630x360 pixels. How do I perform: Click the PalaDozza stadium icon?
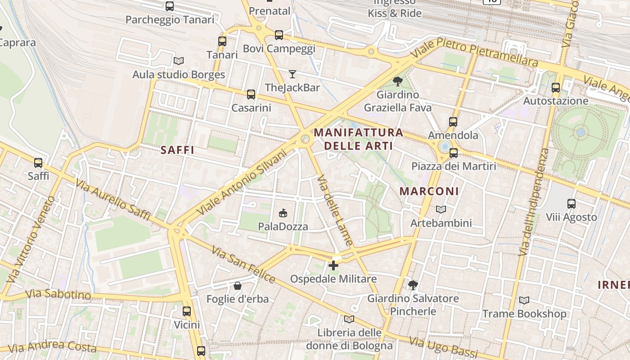[283, 213]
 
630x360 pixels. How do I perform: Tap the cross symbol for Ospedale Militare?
[333, 265]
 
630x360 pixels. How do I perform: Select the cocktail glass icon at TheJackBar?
[292, 74]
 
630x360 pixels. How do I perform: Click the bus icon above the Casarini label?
[251, 94]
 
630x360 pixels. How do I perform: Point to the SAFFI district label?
[177, 150]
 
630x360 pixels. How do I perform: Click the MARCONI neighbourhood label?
[429, 191]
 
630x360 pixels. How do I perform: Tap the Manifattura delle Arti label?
[359, 139]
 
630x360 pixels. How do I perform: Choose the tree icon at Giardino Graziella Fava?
[397, 81]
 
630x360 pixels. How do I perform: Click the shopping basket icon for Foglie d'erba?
[237, 286]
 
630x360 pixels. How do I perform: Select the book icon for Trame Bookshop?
[524, 300]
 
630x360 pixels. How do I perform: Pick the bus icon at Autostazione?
[556, 88]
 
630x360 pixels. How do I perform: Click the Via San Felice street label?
[243, 265]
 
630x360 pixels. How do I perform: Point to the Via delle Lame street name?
[335, 210]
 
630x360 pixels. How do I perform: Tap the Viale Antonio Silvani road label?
[242, 181]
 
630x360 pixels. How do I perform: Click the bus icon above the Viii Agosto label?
[571, 203]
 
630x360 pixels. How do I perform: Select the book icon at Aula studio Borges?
[179, 61]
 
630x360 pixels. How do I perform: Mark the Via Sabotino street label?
[58, 295]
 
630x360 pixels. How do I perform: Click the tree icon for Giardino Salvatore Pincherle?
[413, 285]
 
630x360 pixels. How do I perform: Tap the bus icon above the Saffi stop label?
[38, 162]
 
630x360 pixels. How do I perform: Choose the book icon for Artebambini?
[441, 209]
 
